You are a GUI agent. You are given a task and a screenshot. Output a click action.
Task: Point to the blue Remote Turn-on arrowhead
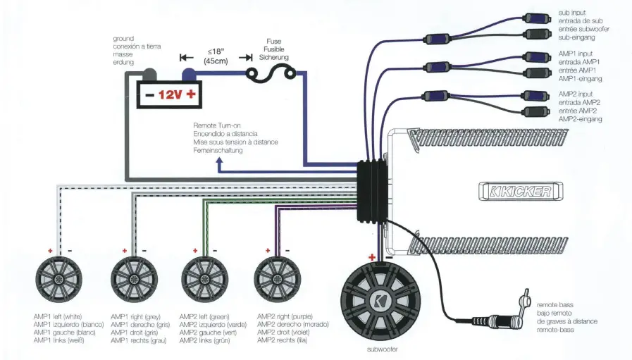coord(220,163)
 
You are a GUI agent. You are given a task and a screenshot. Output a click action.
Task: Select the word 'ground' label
coord(123,38)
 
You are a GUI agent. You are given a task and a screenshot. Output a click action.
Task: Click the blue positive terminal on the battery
coord(189,73)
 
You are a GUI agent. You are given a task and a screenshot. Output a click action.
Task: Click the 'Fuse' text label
coord(273,42)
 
